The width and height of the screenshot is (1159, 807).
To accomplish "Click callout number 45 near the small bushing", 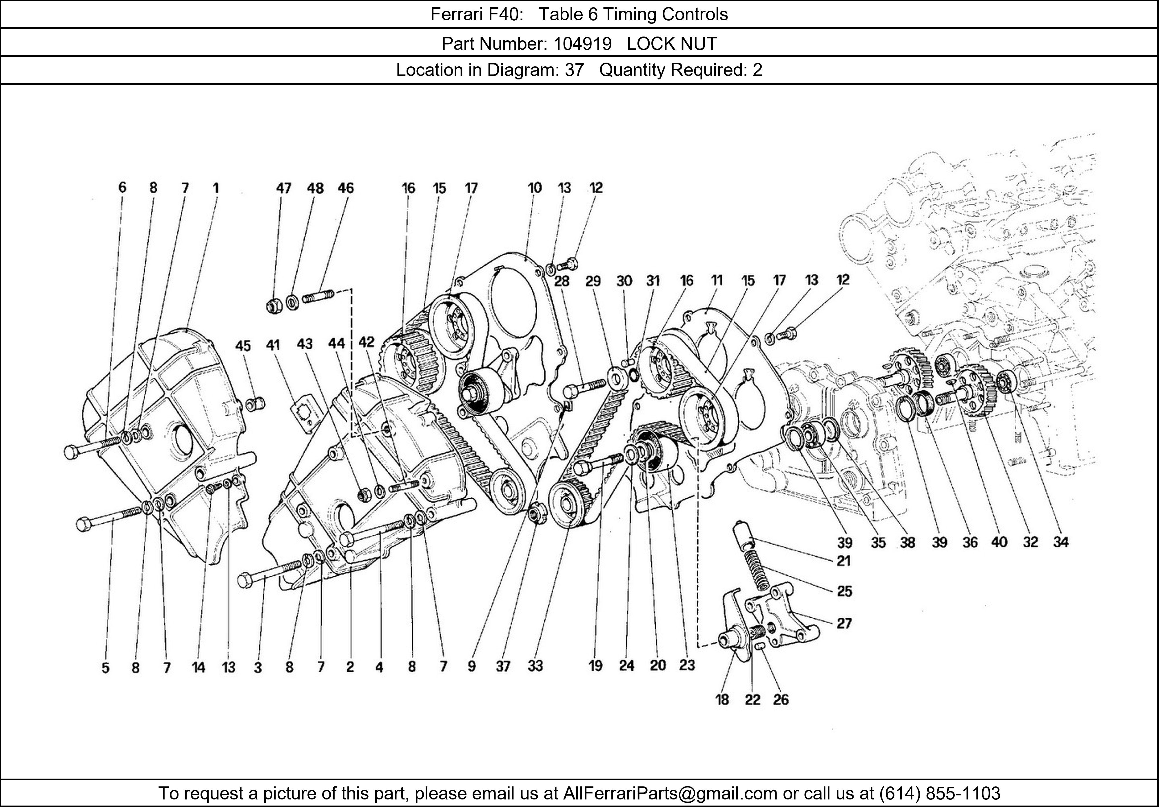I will [x=243, y=346].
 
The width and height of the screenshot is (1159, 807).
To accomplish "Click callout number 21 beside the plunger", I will [x=843, y=561].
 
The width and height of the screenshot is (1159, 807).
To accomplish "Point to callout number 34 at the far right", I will [x=1060, y=542].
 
